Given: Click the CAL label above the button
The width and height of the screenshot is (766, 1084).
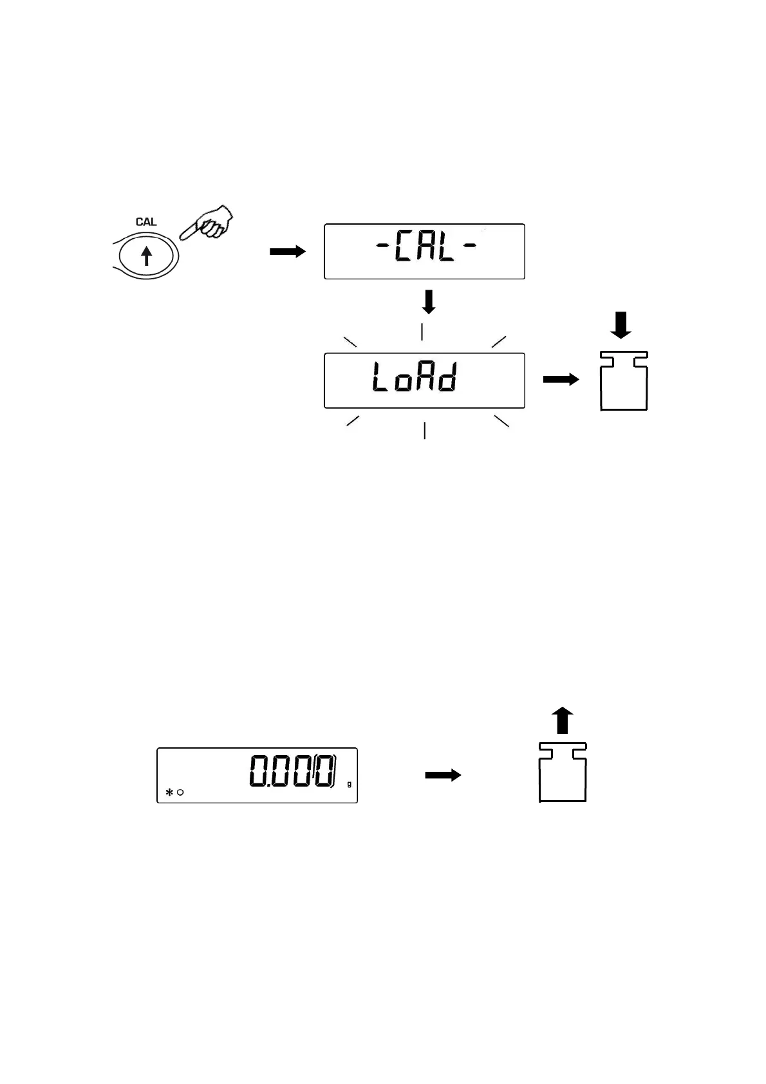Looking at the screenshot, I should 146,222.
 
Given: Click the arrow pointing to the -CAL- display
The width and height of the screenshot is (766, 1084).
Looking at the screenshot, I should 287,252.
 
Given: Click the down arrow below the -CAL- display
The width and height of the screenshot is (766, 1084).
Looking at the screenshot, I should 428,302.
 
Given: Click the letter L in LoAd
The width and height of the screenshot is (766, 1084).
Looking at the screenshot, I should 380,379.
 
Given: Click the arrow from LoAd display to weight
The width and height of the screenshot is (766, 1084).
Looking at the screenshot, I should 561,380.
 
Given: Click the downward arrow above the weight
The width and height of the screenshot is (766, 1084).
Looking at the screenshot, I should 621,325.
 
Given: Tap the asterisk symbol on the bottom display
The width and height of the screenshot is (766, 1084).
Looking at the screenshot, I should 169,792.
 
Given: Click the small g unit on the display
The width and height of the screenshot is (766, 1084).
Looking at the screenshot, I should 349,784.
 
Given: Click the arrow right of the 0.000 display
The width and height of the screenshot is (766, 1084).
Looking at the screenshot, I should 443,775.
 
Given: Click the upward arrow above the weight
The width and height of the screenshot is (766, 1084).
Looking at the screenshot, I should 563,720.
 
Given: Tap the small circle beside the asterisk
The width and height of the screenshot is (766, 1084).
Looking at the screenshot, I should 180,792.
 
